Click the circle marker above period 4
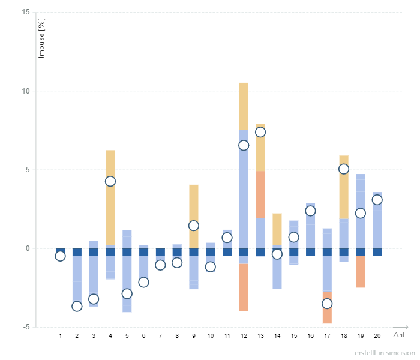(x=110, y=181)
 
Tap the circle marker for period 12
(x=244, y=145)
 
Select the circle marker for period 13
(x=260, y=132)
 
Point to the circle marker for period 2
(x=77, y=306)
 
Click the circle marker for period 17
(x=327, y=304)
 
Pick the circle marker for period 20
(x=377, y=200)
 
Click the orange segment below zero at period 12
(x=244, y=287)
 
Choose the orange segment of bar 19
(x=360, y=272)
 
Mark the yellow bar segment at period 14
(x=277, y=229)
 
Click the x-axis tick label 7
(x=160, y=335)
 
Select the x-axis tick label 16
(x=310, y=335)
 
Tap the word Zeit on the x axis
(x=399, y=334)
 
